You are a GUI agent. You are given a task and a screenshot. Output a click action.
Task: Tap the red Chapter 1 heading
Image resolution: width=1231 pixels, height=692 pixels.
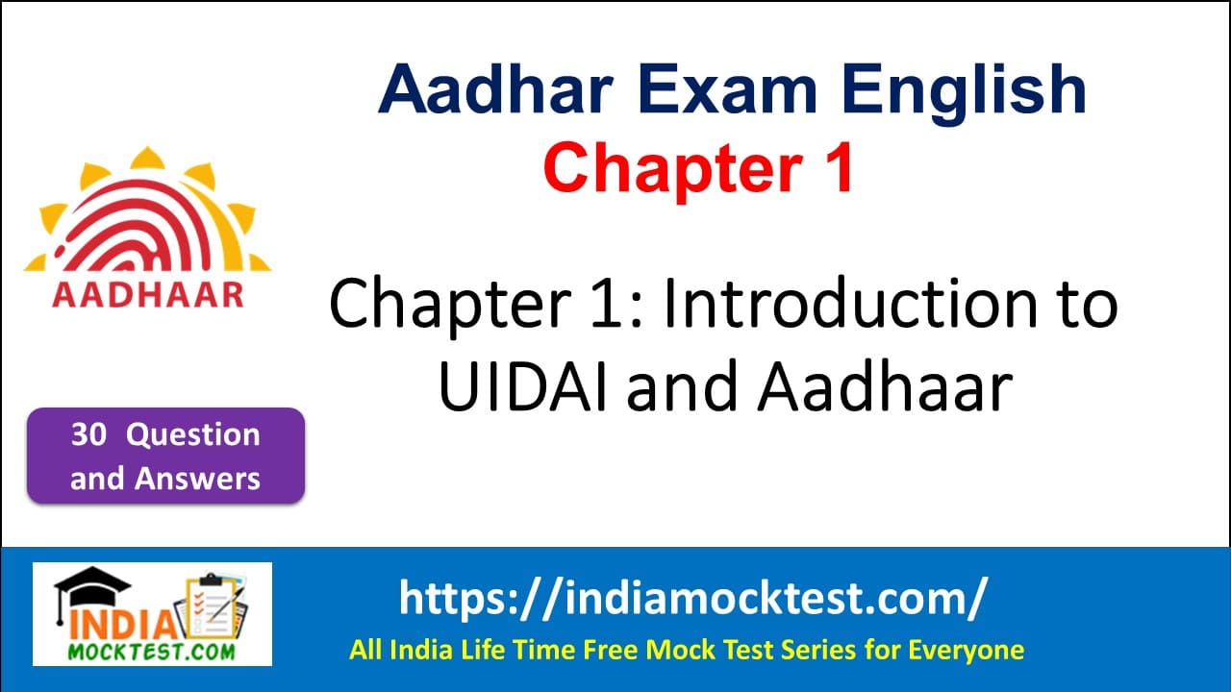point(699,167)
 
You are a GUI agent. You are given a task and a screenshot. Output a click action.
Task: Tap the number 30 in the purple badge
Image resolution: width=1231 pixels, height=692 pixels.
point(88,435)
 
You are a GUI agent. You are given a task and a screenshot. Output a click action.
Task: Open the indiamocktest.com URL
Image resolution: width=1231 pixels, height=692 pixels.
point(692,599)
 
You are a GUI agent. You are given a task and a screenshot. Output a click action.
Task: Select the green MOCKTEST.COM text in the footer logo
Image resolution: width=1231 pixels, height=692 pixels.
point(153,651)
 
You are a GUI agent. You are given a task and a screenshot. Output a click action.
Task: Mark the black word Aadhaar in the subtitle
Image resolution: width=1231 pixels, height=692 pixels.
point(885,387)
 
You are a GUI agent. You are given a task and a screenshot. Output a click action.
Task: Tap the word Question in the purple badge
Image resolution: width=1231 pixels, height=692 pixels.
point(193,435)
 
